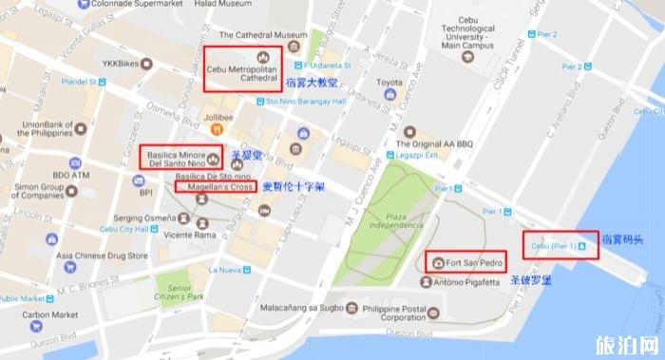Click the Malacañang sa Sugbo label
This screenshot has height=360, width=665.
(298, 307)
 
